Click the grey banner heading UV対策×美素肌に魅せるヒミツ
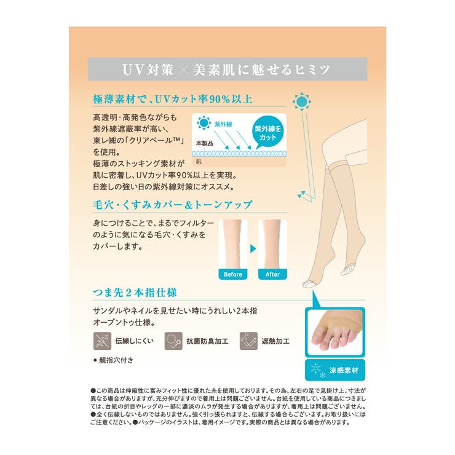click(227, 69)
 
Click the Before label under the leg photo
click(233, 274)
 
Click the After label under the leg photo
click(272, 274)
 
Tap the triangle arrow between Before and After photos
click(253, 250)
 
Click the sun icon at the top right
click(303, 101)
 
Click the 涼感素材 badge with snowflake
click(335, 371)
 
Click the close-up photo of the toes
click(335, 332)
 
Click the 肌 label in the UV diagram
click(199, 161)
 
